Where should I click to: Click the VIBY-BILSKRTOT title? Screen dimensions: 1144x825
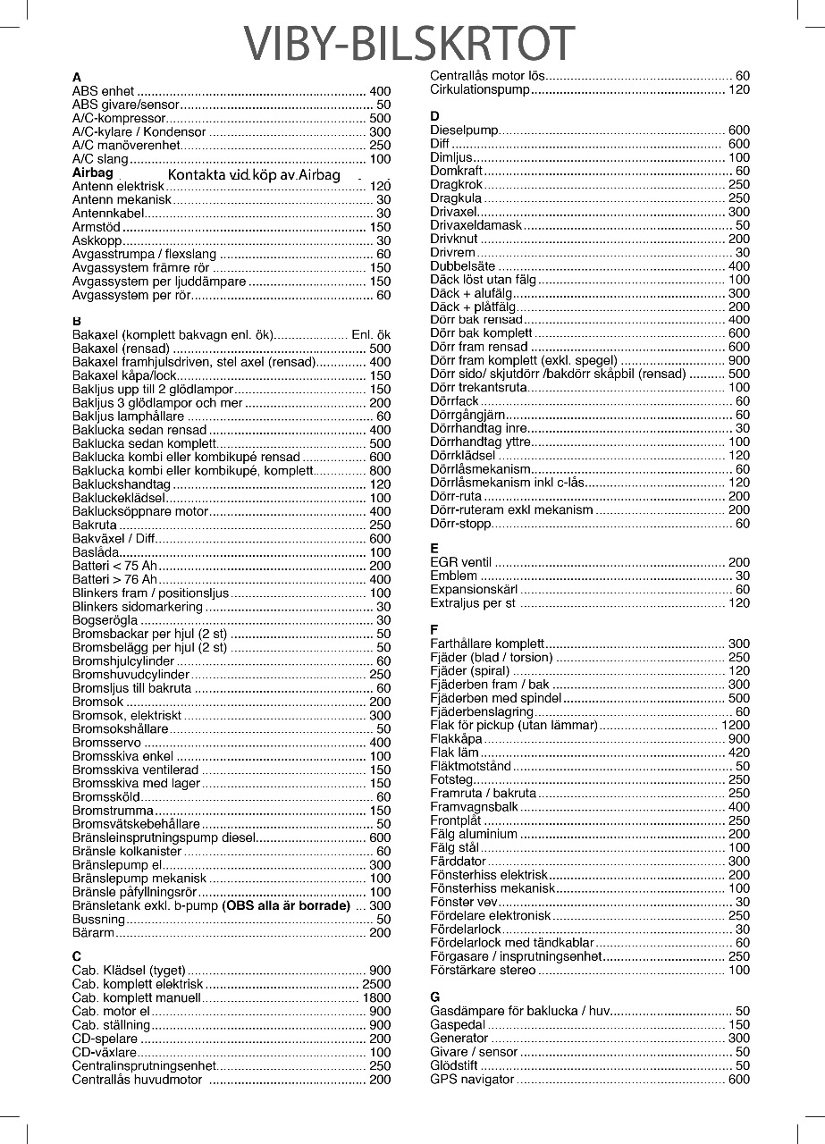coord(410,42)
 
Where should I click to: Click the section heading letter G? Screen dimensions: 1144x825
coord(435,997)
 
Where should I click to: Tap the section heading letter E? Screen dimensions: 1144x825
coord(434,548)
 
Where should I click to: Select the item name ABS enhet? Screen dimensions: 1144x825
coord(103,91)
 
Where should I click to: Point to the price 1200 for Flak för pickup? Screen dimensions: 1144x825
coord(736,725)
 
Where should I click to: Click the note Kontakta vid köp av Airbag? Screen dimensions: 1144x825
coord(255,174)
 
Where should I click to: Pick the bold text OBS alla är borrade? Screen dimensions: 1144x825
coord(286,905)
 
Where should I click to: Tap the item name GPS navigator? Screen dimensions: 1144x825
coord(472,1080)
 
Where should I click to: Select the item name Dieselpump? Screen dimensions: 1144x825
coord(464,130)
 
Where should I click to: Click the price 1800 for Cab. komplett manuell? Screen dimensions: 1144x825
coord(376,997)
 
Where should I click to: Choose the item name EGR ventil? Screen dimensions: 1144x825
coord(461,562)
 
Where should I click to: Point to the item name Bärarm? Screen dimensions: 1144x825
coord(93,932)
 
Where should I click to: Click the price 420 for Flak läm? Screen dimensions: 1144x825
coord(739,753)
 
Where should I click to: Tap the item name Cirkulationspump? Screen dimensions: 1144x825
coord(481,89)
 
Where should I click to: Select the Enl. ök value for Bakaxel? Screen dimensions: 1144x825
coord(371,334)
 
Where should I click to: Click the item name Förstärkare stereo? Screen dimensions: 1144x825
coord(483,970)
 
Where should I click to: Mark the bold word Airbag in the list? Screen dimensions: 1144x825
coord(93,172)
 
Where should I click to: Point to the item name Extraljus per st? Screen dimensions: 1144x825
coord(473,603)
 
